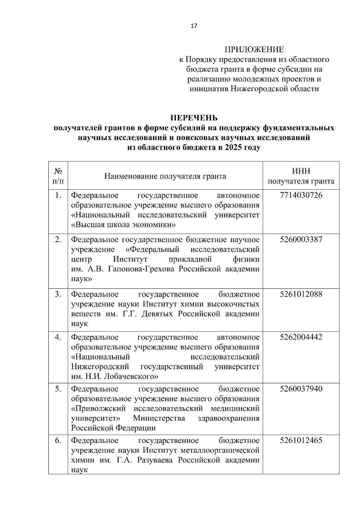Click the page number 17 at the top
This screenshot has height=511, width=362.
pos(194,26)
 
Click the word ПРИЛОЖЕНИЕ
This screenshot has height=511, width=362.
pos(254,49)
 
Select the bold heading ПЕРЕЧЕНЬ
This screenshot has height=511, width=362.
pos(194,117)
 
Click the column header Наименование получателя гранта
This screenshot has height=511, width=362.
pos(165,176)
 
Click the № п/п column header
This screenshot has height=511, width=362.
pos(58,176)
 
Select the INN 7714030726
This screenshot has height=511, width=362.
pos(301,195)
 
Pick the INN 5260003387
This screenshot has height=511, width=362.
pos(301,240)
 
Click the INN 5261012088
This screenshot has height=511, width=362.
pos(301,294)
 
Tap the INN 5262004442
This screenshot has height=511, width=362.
pos(301,337)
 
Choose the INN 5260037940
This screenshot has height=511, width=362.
pos(301,389)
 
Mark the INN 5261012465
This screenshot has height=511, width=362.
pos(301,441)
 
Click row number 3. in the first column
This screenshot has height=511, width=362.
pos(58,294)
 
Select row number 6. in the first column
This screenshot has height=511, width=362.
pos(58,441)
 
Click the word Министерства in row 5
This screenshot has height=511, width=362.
pos(159,418)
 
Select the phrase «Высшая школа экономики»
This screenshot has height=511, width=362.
pos(123,225)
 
